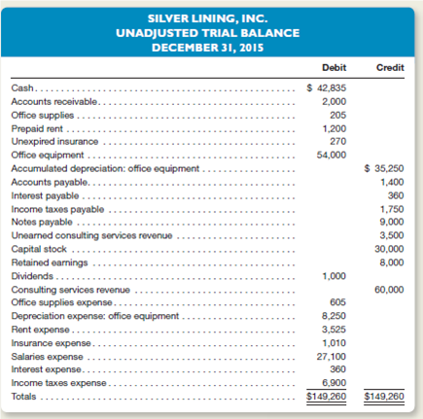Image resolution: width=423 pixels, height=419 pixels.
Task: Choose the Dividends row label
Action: click(29, 274)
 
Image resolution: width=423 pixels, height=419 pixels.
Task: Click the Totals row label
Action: click(24, 397)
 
